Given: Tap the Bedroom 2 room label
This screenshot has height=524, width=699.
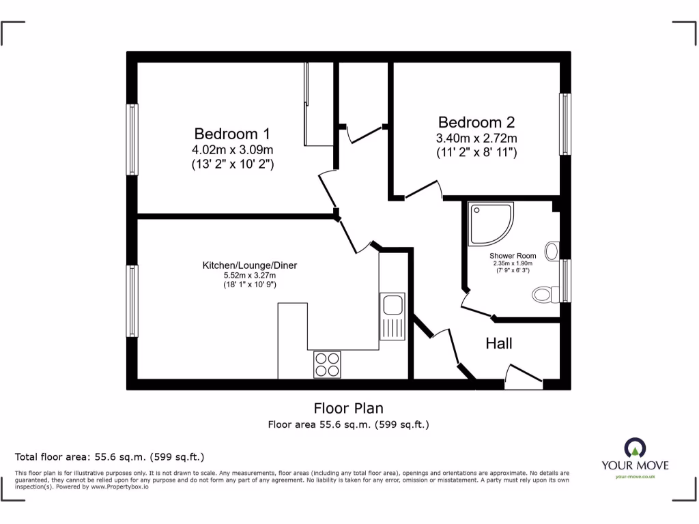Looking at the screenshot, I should (x=476, y=122).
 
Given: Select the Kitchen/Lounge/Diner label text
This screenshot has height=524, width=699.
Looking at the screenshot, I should (x=249, y=265).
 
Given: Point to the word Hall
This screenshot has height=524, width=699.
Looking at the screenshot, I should (x=499, y=343).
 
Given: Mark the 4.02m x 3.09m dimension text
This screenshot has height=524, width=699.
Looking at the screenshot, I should (x=233, y=149).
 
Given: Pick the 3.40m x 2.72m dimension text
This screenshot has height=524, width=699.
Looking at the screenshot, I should (x=476, y=139).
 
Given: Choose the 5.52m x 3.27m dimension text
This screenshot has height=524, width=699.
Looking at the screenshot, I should (x=249, y=275).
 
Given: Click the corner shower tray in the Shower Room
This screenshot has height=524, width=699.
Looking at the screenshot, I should (x=489, y=224).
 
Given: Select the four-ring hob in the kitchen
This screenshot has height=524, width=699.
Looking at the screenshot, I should (x=327, y=364).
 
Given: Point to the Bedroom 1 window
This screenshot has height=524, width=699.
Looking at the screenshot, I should (x=132, y=139).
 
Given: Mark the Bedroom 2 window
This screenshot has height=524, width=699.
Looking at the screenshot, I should (x=565, y=124).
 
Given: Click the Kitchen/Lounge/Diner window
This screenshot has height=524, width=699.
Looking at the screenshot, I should (x=132, y=301).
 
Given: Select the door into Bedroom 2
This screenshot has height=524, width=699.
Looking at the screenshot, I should (x=423, y=190).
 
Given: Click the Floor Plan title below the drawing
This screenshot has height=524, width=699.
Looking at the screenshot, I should (x=348, y=408).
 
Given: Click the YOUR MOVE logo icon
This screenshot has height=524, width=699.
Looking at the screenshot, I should (x=635, y=448).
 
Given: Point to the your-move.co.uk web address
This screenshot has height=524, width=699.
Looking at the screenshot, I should (x=635, y=477).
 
